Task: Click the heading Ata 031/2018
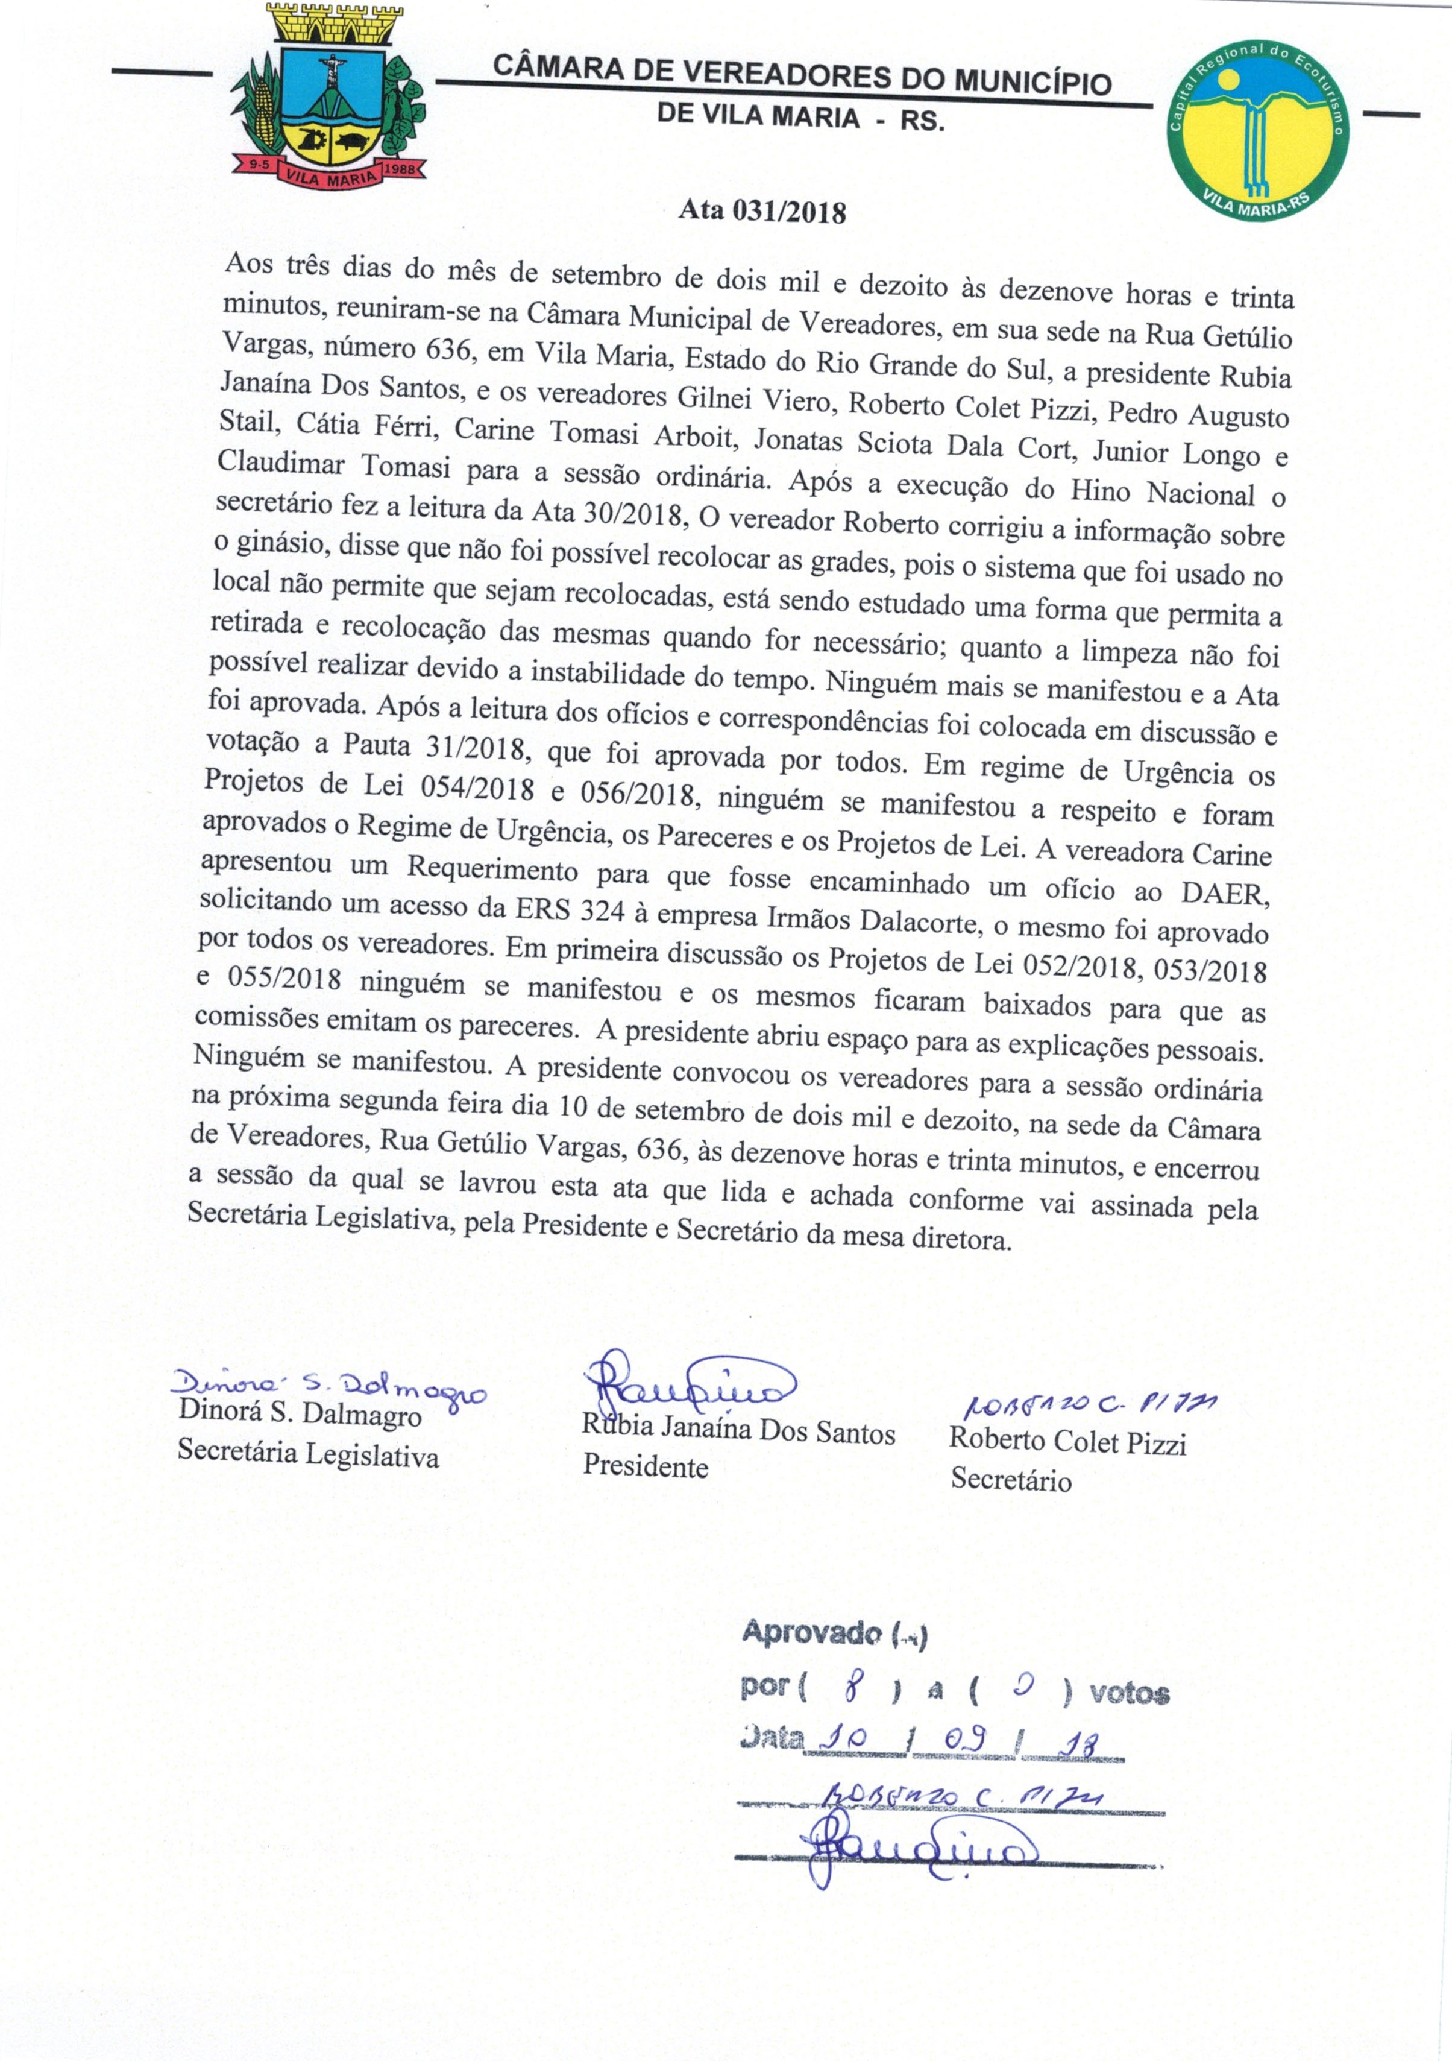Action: click(x=762, y=212)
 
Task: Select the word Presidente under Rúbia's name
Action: click(x=646, y=1466)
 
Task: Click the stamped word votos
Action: click(x=1129, y=1693)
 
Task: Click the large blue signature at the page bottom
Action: click(x=916, y=1848)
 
